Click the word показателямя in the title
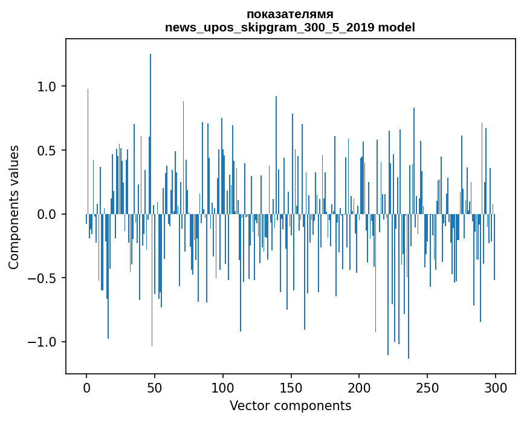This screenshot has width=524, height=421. tap(290, 14)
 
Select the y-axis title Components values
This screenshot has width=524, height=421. tap(14, 207)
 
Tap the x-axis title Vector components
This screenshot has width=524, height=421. tap(290, 405)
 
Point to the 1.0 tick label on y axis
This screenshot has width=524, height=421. tap(47, 86)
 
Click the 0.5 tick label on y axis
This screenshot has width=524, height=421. tap(47, 151)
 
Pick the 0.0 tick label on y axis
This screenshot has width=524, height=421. tap(47, 214)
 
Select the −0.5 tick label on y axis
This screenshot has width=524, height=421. tap(43, 278)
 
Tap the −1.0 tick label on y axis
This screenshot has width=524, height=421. tap(43, 342)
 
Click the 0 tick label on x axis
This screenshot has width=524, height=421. tap(86, 387)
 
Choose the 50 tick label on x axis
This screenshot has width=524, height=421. tap(155, 387)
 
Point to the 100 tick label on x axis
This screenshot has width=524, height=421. tap(223, 387)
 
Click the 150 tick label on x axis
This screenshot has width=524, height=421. tap(291, 387)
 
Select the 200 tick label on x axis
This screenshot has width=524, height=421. tap(359, 387)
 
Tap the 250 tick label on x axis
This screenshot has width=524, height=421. tap(427, 387)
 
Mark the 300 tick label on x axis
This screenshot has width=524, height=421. tap(496, 387)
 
